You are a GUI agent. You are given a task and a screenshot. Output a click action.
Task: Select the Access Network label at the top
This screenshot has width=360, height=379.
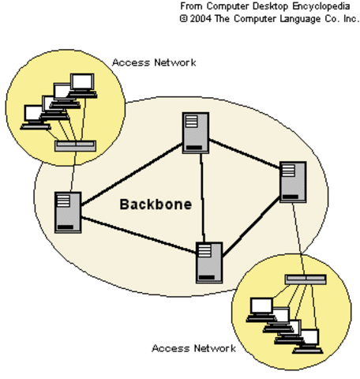point(154,62)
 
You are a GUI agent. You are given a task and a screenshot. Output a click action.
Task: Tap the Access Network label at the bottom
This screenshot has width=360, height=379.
point(193,347)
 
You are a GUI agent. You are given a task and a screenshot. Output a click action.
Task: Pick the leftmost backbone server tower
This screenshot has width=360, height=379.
point(68,212)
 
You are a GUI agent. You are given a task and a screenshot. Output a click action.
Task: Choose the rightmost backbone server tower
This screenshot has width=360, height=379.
point(292,181)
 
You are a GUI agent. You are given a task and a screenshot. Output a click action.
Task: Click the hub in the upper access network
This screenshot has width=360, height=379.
point(76,146)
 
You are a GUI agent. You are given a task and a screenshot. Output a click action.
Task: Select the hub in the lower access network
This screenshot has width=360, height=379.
point(306,279)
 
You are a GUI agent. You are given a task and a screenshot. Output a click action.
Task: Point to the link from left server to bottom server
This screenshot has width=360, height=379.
point(138,235)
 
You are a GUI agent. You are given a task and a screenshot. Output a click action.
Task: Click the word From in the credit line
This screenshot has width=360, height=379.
point(192,6)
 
